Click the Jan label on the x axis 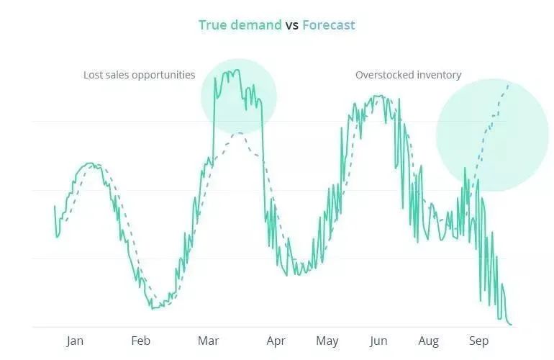[75, 341]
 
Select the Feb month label [140, 341]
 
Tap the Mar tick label [208, 341]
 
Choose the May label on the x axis [327, 341]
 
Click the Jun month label [378, 341]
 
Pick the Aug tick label [429, 341]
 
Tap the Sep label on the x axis [478, 341]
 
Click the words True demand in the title [240, 25]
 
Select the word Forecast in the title [329, 25]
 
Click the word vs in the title [292, 25]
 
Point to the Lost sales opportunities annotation [139, 75]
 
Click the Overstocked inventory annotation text [408, 75]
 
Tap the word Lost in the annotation [93, 75]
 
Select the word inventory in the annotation [440, 75]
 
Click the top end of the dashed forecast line [509, 84]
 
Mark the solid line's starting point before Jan [55, 207]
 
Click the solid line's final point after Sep [512, 325]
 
